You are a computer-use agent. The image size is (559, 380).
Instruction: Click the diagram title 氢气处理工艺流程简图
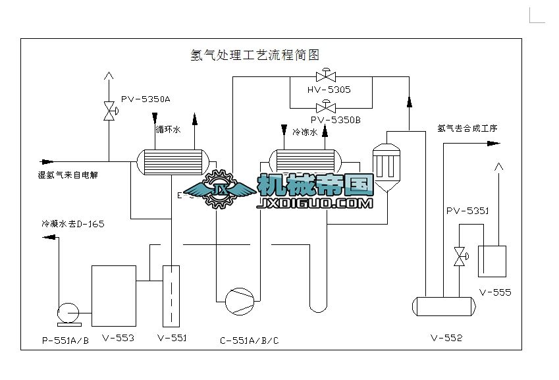(x=254, y=55)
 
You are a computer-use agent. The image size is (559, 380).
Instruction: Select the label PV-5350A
(x=146, y=99)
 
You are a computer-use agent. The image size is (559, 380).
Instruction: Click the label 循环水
(x=168, y=130)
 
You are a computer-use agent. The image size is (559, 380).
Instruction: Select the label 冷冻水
(x=305, y=132)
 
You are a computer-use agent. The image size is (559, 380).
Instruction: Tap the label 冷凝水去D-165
(x=73, y=224)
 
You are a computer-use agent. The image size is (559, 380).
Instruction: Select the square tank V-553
(x=113, y=296)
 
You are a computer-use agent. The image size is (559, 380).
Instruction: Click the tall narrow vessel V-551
(x=170, y=296)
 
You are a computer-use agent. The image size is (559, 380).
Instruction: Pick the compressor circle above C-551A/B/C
(x=238, y=300)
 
